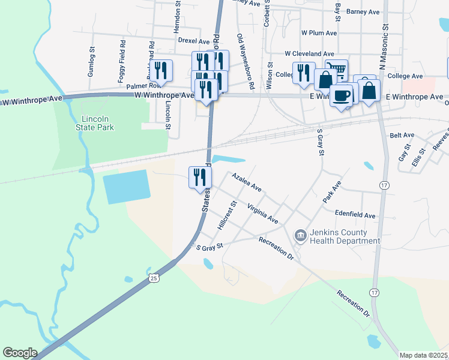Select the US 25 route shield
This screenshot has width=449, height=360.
tap(154, 278)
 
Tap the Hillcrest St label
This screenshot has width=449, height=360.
tap(226, 217)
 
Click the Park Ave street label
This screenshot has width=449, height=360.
tap(332, 191)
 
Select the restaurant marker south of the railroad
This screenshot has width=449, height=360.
tap(200, 177)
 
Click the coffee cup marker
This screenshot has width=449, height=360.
tap(341, 95)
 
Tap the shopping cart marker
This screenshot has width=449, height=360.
tap(336, 70)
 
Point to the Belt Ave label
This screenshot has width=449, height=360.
tap(402, 136)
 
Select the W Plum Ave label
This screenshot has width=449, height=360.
tap(318, 32)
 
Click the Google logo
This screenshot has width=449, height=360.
tap(20, 353)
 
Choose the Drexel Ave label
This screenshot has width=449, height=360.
tap(193, 40)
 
